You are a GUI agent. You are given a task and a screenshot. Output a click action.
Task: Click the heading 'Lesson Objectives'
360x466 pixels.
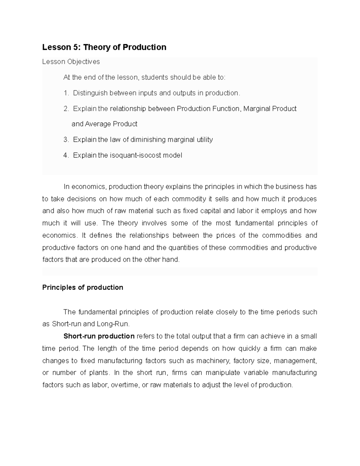point(71,62)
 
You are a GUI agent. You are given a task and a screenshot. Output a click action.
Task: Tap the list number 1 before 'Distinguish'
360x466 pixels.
point(66,93)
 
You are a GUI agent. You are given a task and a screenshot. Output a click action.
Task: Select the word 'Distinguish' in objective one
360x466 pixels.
point(90,93)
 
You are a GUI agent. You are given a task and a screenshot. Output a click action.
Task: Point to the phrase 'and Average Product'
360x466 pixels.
point(104,124)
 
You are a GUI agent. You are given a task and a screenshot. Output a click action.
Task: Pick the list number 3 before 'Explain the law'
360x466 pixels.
point(66,140)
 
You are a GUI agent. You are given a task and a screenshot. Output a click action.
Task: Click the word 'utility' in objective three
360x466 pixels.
point(205,140)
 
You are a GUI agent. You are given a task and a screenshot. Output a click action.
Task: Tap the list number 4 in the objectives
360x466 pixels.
point(66,155)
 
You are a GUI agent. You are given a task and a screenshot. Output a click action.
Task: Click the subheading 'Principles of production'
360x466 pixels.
point(82,287)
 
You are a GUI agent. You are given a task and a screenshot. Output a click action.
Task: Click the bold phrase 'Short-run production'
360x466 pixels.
point(99,336)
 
